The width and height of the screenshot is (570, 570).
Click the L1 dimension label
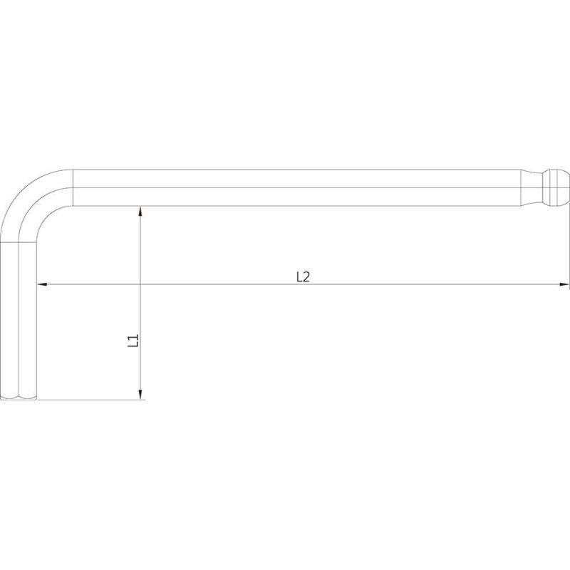(133, 341)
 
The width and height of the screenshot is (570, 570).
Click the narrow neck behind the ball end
(532, 187)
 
